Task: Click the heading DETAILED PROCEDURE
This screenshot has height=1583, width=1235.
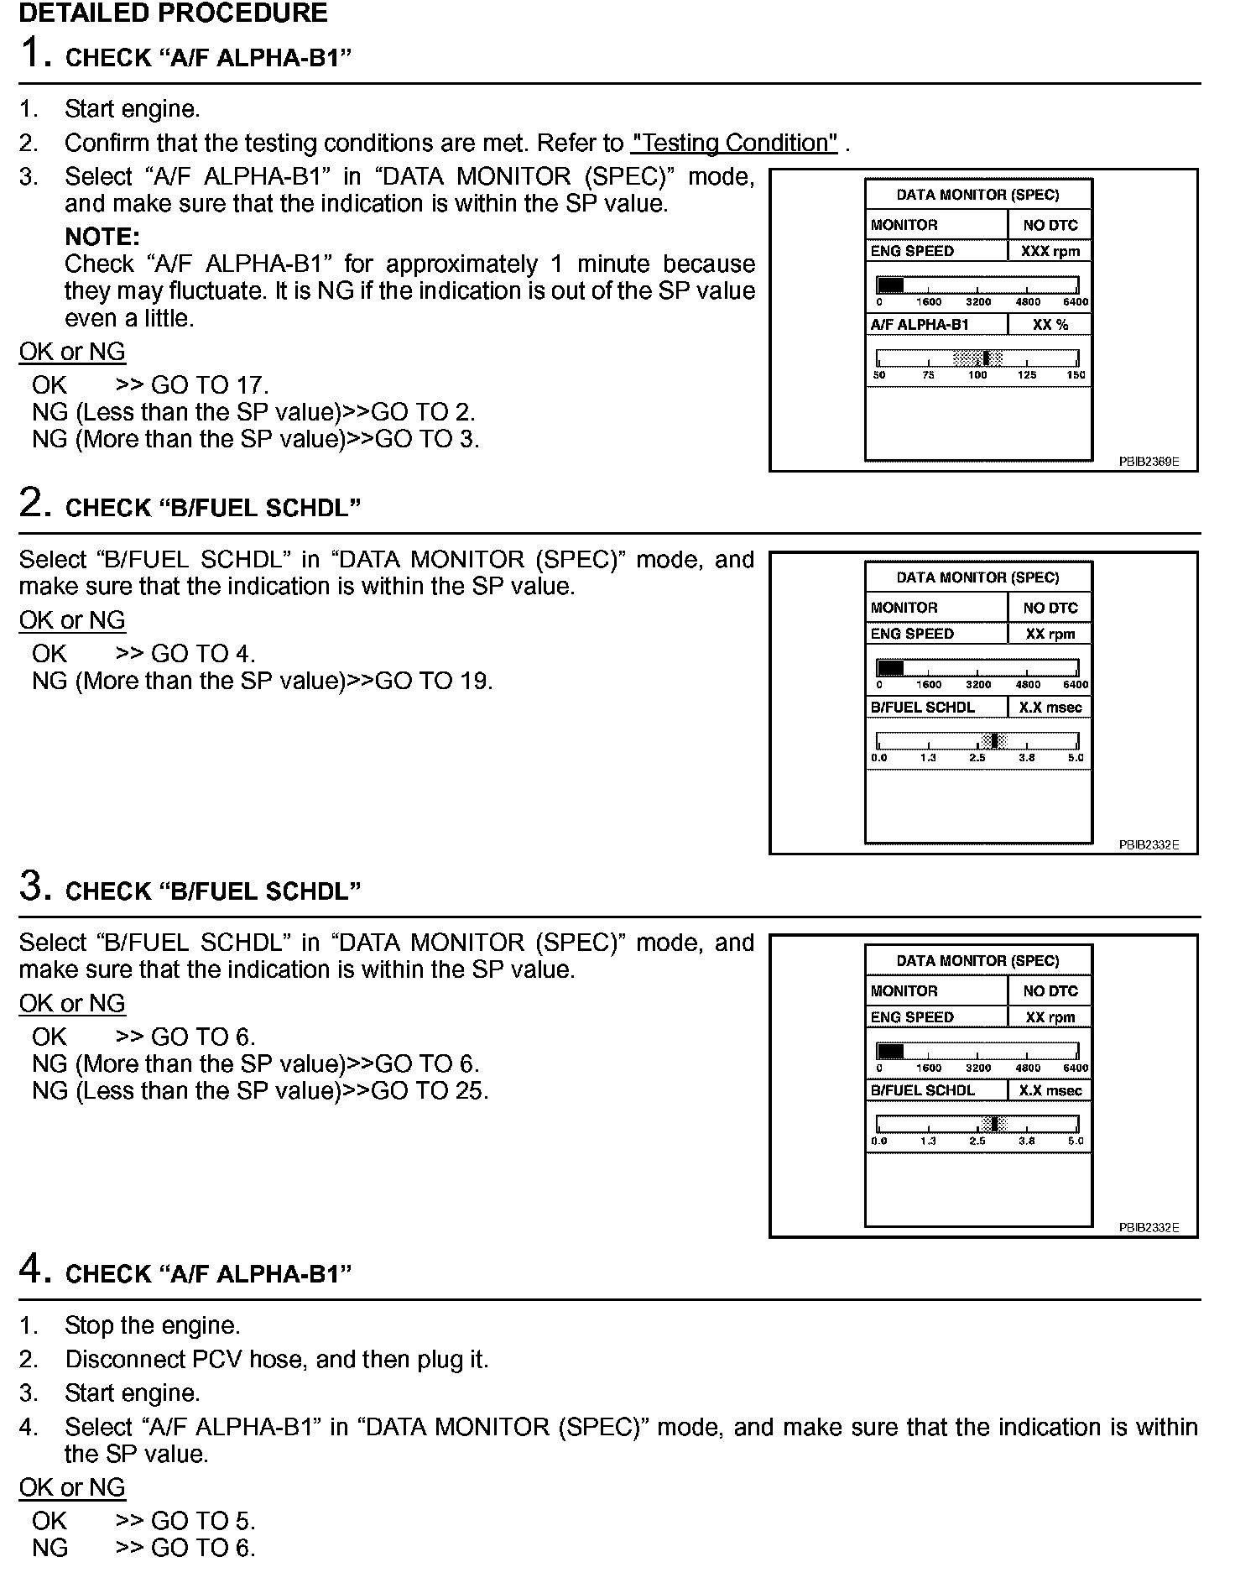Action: (173, 13)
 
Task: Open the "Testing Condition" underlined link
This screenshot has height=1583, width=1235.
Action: (734, 144)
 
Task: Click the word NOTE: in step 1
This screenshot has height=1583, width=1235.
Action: (102, 237)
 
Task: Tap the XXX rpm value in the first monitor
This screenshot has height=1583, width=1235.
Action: (1050, 251)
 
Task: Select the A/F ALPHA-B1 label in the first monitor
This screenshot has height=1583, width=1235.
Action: (920, 325)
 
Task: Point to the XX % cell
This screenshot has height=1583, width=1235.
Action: (1050, 325)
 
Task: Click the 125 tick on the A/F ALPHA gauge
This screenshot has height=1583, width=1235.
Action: (1027, 375)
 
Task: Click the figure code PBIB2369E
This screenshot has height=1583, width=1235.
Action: (1149, 462)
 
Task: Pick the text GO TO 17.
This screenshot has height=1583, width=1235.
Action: (210, 385)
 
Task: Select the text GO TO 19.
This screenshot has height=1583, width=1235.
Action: (433, 681)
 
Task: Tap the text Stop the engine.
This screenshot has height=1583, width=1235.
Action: (152, 1326)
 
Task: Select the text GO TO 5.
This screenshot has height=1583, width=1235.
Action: (202, 1521)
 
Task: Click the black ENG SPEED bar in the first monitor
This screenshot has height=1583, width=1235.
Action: (890, 285)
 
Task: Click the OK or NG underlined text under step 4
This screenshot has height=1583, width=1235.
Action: (72, 1487)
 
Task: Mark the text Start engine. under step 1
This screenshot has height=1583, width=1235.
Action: (132, 109)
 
